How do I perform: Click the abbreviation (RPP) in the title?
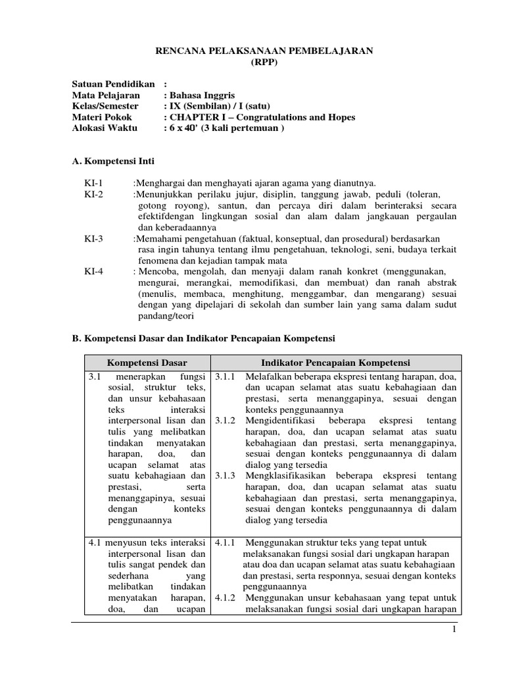(x=265, y=63)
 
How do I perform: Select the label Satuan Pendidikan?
(x=113, y=84)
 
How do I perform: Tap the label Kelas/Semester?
(x=105, y=106)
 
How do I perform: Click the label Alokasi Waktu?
(x=105, y=128)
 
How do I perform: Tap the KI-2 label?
(x=93, y=195)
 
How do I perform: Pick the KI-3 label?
(x=93, y=238)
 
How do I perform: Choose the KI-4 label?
(x=93, y=271)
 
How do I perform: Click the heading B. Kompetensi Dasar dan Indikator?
(x=203, y=338)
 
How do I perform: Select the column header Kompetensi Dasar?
(x=147, y=363)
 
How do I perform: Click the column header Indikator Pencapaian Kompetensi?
(x=335, y=363)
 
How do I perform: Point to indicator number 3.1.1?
(x=226, y=377)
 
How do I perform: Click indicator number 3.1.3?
(x=226, y=475)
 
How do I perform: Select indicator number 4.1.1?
(x=226, y=544)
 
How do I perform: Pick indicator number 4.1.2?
(x=226, y=598)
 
